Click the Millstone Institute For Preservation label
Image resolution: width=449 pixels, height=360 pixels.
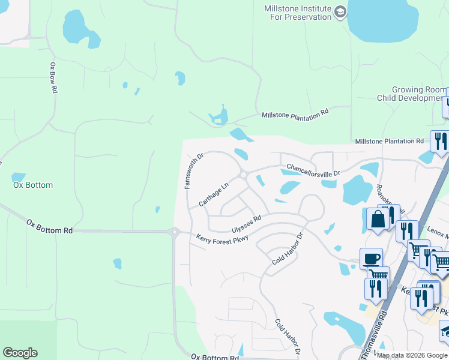(x=298, y=13)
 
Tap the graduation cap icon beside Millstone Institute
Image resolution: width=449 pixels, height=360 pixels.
(x=340, y=12)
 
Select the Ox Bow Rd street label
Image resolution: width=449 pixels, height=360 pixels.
(x=53, y=77)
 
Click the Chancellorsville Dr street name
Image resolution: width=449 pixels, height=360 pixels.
(x=313, y=170)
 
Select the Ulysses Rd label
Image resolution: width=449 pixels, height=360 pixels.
(x=246, y=224)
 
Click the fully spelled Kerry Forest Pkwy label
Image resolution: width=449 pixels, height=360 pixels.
(x=222, y=238)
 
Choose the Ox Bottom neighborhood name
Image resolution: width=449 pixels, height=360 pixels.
(x=33, y=185)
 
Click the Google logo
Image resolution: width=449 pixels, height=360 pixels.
(x=20, y=353)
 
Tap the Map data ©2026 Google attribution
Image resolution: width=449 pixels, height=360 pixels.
(x=412, y=355)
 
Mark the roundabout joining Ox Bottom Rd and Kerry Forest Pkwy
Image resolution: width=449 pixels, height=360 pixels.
(x=175, y=232)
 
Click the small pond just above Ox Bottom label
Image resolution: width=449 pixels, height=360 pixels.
(x=19, y=177)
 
